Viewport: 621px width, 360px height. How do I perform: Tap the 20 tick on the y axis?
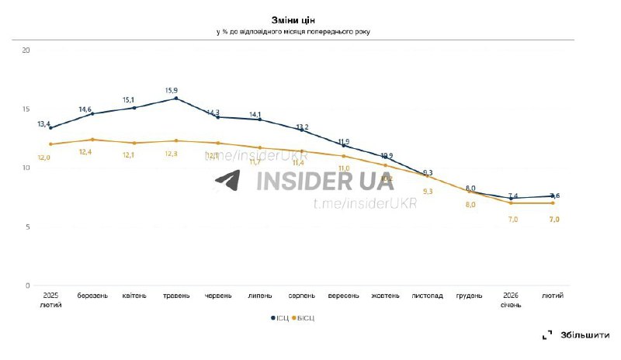26,50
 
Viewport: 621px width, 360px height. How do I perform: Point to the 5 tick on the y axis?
27,227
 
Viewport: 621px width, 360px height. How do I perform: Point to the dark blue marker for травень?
176,99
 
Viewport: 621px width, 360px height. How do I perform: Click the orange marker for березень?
92,140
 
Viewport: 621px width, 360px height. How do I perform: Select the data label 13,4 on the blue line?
44,124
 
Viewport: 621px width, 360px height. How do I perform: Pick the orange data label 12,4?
86,152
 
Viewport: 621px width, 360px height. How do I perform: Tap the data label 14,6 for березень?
86,109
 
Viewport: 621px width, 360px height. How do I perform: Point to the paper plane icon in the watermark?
228,181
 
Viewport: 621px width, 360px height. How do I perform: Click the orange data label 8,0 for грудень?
470,205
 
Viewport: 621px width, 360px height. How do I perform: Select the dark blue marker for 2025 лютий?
50,127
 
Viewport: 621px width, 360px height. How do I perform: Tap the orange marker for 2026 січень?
511,203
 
